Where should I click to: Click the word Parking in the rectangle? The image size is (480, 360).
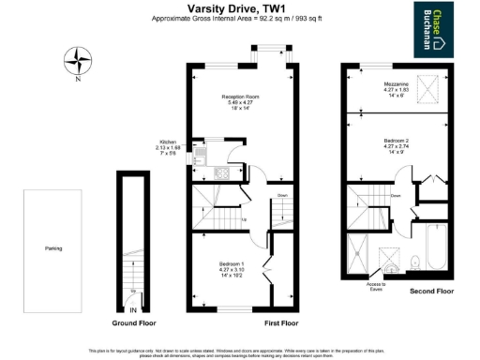(52, 248)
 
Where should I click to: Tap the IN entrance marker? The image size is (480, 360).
(133, 309)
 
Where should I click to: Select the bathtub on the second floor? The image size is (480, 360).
(437, 248)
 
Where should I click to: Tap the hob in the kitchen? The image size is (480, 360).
(222, 172)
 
